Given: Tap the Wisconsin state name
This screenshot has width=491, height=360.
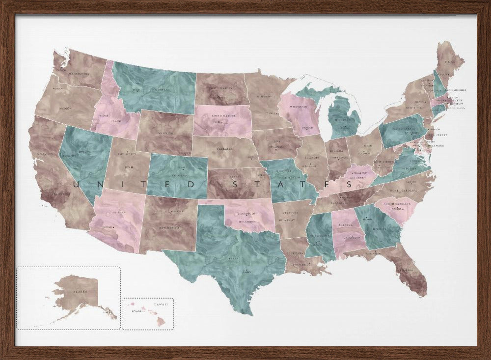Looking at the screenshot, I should tap(299, 107).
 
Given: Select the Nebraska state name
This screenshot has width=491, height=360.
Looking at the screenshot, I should tap(226, 147).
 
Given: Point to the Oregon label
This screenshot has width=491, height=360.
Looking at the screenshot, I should tap(65, 108).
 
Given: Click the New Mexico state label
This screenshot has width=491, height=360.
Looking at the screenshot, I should tap(168, 228).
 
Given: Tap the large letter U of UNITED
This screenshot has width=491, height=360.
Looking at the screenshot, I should tap(76, 184).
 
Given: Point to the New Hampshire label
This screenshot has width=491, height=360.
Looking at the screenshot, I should tap(452, 90).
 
